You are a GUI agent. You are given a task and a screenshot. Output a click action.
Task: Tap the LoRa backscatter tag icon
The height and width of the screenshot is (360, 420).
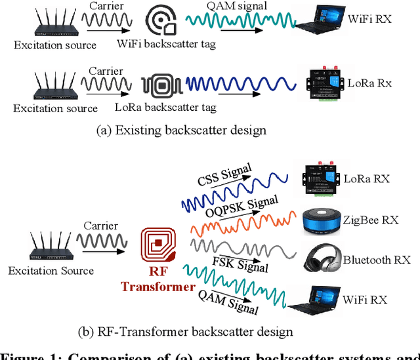(x=159, y=85)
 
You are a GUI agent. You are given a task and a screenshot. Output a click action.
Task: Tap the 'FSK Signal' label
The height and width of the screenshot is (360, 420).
(x=243, y=262)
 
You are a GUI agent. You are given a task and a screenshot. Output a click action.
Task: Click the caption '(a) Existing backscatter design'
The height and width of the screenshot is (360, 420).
(x=180, y=130)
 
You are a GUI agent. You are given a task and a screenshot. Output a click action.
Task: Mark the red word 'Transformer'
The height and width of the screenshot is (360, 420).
(x=157, y=287)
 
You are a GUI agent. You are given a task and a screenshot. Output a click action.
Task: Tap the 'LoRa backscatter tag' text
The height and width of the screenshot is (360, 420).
(x=165, y=107)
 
